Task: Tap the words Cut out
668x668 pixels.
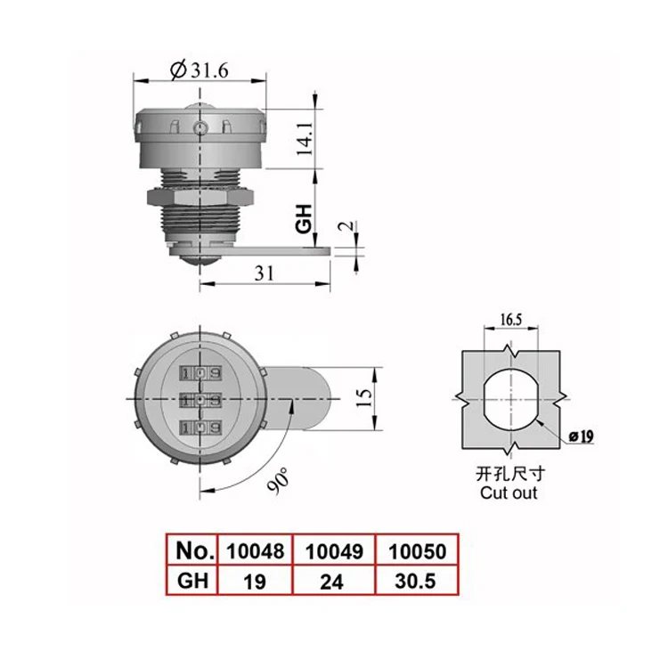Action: [509, 493]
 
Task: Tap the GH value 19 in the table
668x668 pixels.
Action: [254, 582]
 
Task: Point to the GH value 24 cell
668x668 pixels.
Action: [334, 582]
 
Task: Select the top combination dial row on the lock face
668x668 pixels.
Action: [200, 371]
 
